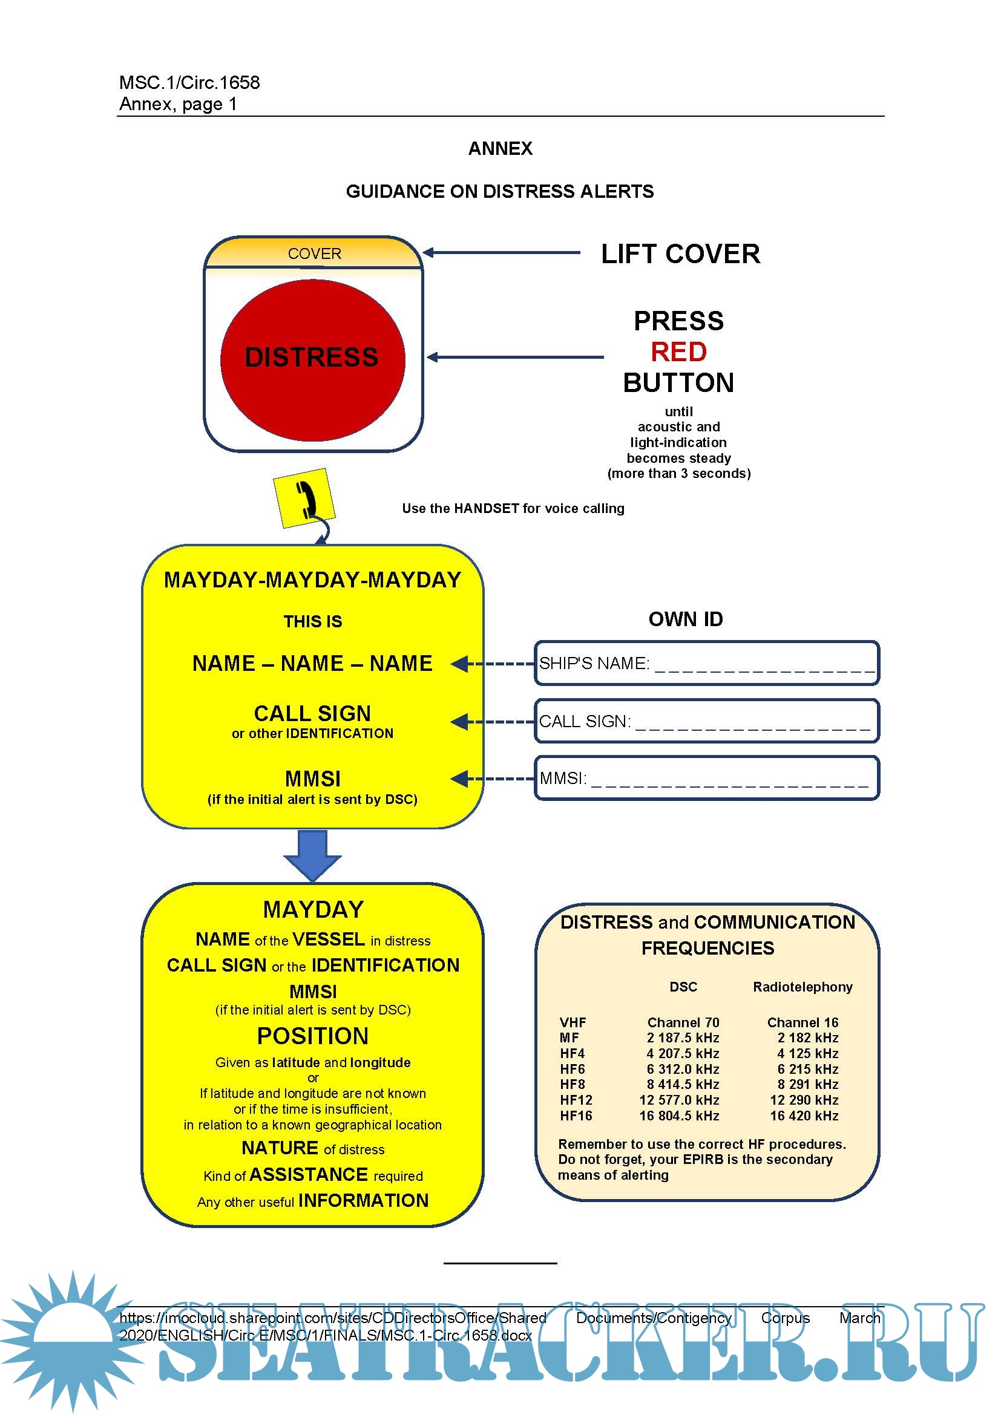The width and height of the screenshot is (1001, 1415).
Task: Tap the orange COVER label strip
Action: coord(313,253)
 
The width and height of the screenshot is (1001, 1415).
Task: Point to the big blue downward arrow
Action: coord(312,855)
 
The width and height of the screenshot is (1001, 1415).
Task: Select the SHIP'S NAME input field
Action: coord(706,663)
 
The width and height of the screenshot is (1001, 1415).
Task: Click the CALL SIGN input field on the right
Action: coord(706,721)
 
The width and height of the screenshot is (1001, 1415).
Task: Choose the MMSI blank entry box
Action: coord(706,779)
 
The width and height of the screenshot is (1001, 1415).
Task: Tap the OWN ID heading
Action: coord(686,619)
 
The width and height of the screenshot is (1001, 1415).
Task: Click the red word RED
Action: coord(678,352)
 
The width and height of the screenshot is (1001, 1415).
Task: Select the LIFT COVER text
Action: coord(680,254)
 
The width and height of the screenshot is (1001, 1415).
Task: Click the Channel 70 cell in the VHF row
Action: coord(683,1022)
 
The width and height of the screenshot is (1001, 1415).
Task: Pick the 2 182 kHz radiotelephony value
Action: coord(807,1038)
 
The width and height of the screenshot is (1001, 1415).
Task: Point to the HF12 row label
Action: coord(576,1100)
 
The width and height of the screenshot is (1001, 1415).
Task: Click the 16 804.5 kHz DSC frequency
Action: coord(679,1116)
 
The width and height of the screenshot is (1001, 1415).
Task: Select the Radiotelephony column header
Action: coord(802,987)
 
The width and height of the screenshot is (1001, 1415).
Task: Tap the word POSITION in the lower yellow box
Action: coord(312,1036)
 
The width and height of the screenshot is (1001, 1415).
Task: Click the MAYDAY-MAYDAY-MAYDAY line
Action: coord(312,580)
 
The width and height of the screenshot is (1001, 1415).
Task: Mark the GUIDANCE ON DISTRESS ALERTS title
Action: coord(500,192)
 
